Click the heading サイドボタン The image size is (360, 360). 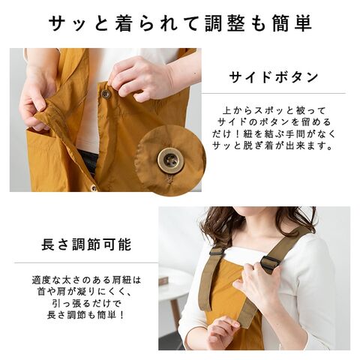[274, 77]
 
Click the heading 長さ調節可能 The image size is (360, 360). [86, 244]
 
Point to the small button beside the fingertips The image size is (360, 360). [105, 94]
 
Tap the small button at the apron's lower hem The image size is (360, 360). [94, 187]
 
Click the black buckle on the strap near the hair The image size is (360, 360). [215, 251]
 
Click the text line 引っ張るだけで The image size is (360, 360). [87, 303]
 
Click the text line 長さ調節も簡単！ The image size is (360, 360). [86, 315]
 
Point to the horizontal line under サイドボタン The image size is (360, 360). [274, 94]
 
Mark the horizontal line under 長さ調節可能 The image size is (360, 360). [86, 262]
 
